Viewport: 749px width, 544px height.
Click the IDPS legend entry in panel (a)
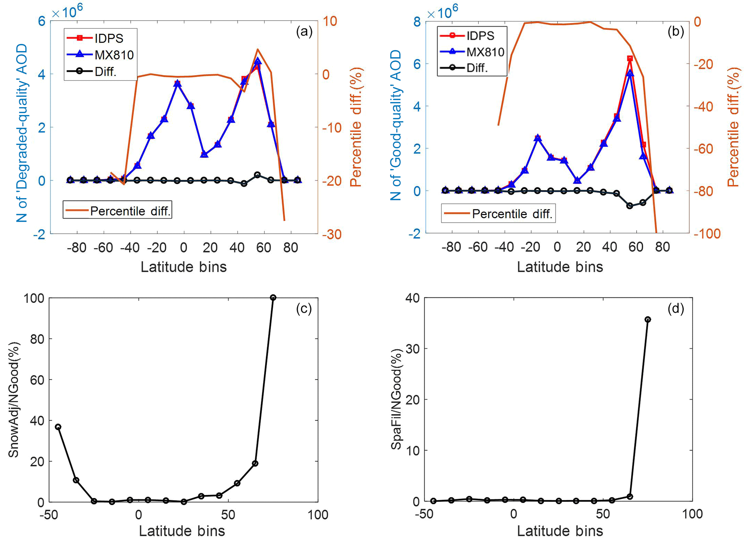(101, 38)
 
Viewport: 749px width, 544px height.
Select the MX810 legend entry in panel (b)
(473, 52)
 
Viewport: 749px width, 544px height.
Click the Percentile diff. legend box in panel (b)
(498, 214)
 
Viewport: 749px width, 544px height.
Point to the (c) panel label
(304, 309)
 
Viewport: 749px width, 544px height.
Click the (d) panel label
(675, 309)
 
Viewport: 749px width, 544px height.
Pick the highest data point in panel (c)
(273, 298)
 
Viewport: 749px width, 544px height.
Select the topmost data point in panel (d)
(648, 319)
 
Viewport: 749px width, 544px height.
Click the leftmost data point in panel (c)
(58, 427)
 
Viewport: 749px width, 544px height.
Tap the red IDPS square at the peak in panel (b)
(630, 59)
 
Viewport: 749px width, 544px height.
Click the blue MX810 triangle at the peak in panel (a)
(258, 61)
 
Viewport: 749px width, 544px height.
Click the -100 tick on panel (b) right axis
(707, 234)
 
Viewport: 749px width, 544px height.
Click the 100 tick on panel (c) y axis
(34, 298)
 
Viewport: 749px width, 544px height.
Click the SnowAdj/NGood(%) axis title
(14, 400)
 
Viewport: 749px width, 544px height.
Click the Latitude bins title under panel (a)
(183, 267)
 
